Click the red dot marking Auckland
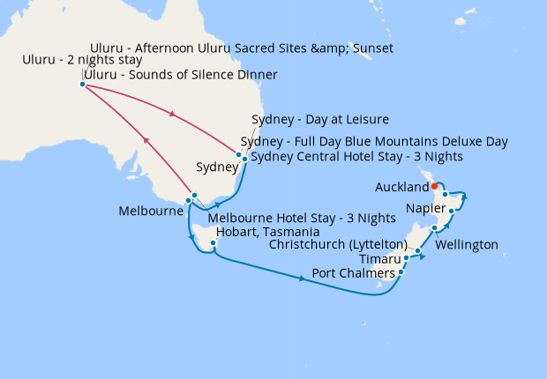click(x=435, y=185)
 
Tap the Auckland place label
click(x=401, y=188)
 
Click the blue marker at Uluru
click(x=82, y=85)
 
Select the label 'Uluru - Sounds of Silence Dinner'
click(x=180, y=75)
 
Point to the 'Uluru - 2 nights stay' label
click(x=82, y=60)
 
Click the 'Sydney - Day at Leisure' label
click(x=320, y=119)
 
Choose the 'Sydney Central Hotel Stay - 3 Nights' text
click(x=356, y=157)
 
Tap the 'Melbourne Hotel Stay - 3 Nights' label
click(x=301, y=218)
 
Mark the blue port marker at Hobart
click(x=214, y=232)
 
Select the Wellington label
click(x=467, y=244)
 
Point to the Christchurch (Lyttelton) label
click(x=339, y=244)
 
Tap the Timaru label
click(x=380, y=259)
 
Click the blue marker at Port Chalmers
click(x=401, y=271)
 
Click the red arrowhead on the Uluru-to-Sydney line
click(x=172, y=115)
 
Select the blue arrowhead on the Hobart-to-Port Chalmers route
click(x=302, y=279)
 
